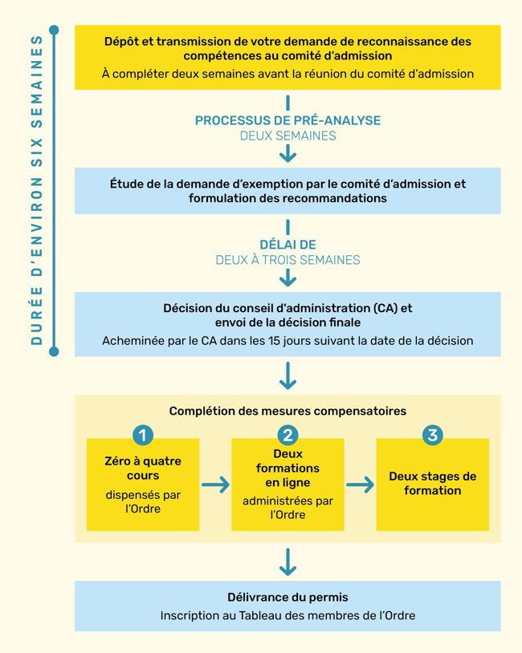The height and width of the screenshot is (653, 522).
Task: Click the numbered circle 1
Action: [x=143, y=435]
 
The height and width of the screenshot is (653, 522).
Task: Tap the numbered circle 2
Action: [x=288, y=435]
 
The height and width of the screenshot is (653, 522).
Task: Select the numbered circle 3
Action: [x=433, y=435]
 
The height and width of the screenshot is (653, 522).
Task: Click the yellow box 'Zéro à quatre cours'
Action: [x=143, y=485]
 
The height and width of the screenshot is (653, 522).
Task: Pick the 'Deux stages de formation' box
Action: [x=433, y=484]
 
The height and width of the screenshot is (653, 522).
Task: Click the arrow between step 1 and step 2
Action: [x=215, y=485]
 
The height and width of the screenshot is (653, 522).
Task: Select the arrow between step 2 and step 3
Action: [x=360, y=485]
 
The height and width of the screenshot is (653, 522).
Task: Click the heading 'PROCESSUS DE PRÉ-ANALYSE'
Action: [x=288, y=120]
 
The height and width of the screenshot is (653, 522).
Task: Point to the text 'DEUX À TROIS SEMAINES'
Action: [x=288, y=260]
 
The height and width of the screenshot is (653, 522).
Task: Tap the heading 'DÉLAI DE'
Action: [x=288, y=245]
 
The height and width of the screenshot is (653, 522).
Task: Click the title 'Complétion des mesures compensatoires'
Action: [x=288, y=411]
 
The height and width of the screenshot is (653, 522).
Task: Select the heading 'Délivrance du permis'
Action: [x=288, y=598]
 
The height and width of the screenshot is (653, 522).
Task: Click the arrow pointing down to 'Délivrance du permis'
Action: [x=288, y=562]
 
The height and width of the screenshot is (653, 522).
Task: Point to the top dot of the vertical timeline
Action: [x=54, y=30]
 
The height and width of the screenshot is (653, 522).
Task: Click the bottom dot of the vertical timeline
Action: [x=54, y=351]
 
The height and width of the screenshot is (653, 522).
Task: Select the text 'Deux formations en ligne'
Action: [x=288, y=468]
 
